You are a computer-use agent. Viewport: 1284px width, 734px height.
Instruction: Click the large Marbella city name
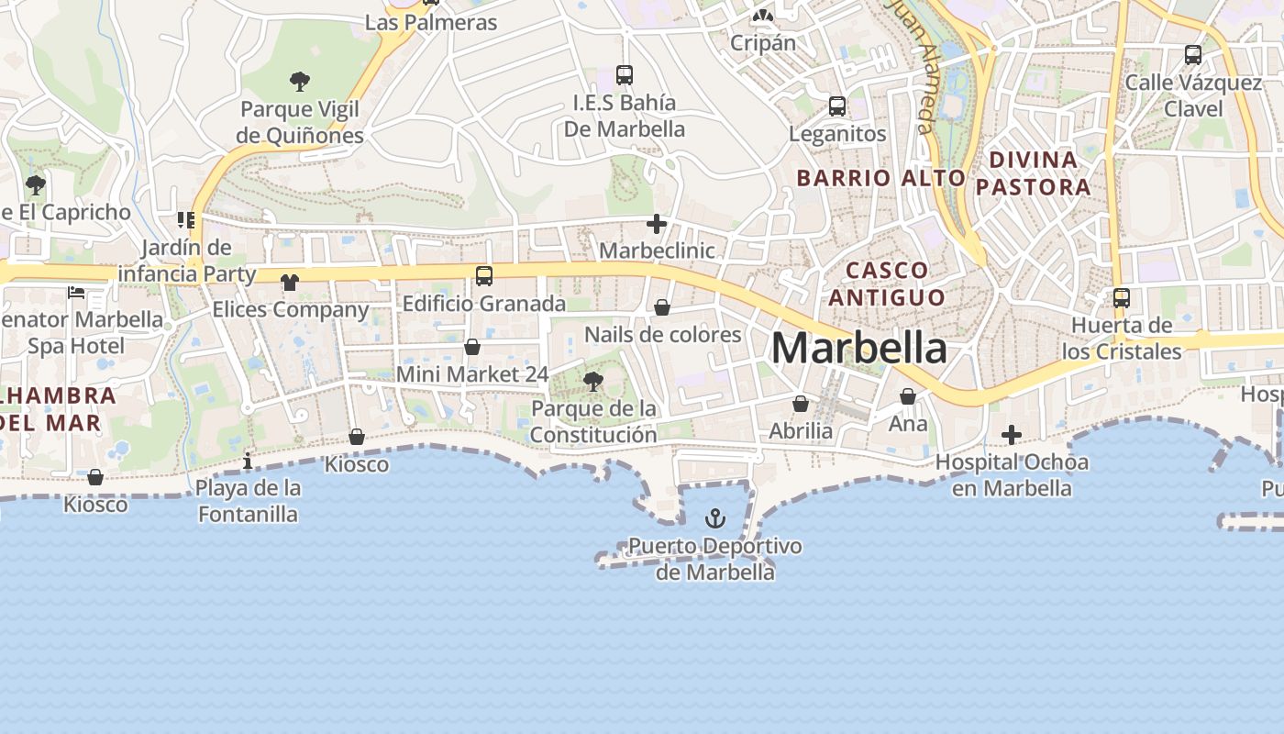tap(859, 349)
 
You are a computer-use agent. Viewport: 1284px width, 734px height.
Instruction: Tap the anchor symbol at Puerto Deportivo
tap(714, 519)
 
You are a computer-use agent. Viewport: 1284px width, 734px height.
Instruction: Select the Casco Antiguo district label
tap(886, 284)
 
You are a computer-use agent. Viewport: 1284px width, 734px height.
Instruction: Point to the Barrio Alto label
tap(880, 178)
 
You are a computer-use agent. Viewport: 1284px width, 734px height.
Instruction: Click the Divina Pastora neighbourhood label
tap(1033, 173)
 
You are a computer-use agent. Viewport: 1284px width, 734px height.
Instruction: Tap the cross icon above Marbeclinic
tap(657, 223)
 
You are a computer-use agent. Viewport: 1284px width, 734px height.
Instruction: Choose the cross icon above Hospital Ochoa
tap(1012, 434)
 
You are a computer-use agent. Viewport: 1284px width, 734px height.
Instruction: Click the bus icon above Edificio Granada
tap(483, 275)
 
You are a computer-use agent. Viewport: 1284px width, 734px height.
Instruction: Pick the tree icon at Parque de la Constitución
tap(593, 381)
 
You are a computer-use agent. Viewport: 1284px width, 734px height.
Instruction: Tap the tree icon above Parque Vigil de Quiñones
tap(300, 82)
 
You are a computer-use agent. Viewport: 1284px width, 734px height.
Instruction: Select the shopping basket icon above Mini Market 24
tap(472, 347)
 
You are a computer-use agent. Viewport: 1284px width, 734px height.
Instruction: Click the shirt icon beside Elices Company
tap(290, 283)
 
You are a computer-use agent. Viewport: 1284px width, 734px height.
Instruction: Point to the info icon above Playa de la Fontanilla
tap(248, 461)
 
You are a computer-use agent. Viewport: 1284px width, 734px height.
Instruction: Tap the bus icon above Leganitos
tap(837, 106)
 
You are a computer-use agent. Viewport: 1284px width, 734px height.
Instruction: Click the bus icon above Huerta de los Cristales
tap(1121, 298)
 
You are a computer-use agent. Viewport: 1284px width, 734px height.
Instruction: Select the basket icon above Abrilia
tap(801, 404)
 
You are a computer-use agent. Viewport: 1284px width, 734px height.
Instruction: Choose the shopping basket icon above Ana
tap(908, 396)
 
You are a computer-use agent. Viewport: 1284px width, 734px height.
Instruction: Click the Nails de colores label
tap(662, 334)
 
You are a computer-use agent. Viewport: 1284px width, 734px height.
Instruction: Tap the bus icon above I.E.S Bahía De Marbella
tap(625, 75)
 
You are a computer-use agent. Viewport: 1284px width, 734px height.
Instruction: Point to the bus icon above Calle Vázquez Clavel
tap(1193, 55)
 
